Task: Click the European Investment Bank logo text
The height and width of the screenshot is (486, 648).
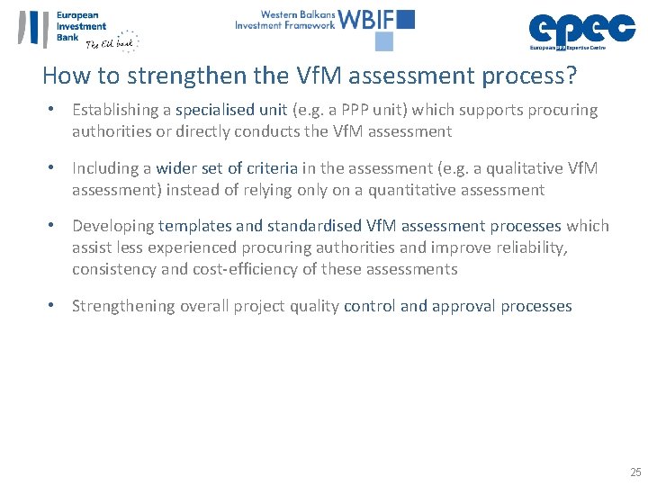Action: (x=81, y=27)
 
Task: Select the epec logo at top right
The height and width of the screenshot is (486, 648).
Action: (x=581, y=29)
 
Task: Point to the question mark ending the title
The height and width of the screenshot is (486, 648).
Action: (x=571, y=76)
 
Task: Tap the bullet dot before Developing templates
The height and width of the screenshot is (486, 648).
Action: (x=54, y=226)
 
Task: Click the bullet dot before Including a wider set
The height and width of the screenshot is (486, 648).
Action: (x=54, y=168)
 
